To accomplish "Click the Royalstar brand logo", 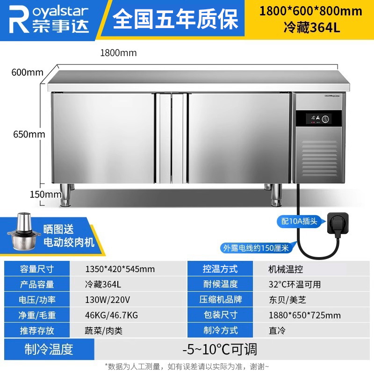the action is tap(49, 20).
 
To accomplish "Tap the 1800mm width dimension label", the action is tap(118, 53).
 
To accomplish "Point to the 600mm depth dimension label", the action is tap(28, 72).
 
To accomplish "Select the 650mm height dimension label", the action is tap(29, 134).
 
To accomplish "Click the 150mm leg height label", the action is tap(45, 194).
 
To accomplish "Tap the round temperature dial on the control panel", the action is tap(325, 119).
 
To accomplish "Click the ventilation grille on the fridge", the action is tap(320, 158).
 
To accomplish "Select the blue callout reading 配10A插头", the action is tap(299, 221).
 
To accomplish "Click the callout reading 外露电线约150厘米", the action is tap(256, 248).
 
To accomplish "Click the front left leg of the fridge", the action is tap(65, 194).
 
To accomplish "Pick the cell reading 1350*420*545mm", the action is tap(120, 269).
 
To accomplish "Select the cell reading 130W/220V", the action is tap(108, 300).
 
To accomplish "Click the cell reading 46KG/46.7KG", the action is tap(111, 315).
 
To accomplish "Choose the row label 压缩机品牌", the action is tap(220, 300).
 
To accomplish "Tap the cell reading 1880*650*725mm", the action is tap(305, 315).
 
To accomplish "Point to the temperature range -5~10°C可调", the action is tap(220, 349).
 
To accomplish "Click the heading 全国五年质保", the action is tap(175, 19).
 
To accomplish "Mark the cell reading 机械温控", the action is tap(286, 269).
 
